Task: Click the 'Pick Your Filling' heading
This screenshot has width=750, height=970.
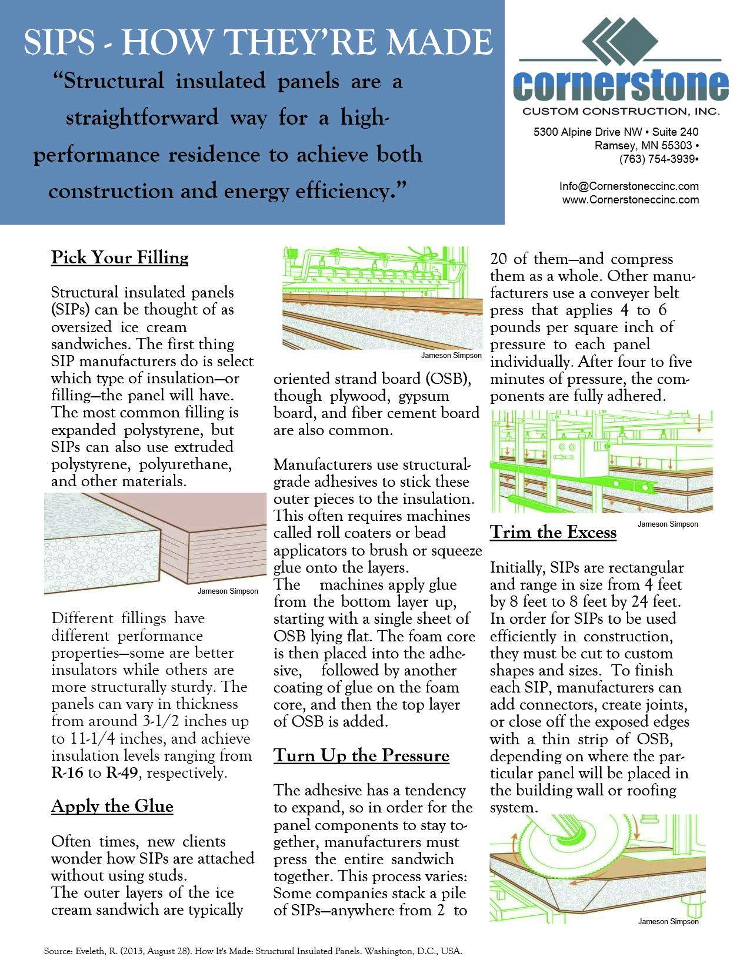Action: pyautogui.click(x=120, y=257)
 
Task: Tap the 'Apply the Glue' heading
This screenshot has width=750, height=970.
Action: pyautogui.click(x=112, y=806)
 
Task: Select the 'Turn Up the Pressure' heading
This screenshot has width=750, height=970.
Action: pyautogui.click(x=361, y=755)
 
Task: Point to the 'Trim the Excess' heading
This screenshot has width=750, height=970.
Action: pyautogui.click(x=553, y=532)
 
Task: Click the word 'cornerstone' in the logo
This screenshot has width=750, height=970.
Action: pyautogui.click(x=621, y=86)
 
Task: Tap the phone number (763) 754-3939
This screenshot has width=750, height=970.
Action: pyautogui.click(x=658, y=159)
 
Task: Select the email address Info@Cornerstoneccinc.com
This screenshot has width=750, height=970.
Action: pyautogui.click(x=629, y=186)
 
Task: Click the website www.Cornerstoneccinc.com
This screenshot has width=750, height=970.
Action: pyautogui.click(x=631, y=200)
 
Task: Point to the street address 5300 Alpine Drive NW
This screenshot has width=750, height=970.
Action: pyautogui.click(x=588, y=132)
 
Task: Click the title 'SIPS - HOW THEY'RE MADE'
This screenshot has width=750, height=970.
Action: pyautogui.click(x=258, y=42)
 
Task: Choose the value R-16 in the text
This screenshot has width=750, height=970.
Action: pyautogui.click(x=67, y=772)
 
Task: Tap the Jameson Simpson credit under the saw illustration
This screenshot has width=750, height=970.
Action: pyautogui.click(x=668, y=921)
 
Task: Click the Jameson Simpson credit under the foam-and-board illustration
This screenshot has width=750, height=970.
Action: pyautogui.click(x=228, y=591)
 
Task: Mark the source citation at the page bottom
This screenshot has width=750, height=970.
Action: pyautogui.click(x=253, y=951)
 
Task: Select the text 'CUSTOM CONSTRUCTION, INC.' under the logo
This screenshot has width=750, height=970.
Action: pyautogui.click(x=621, y=112)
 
